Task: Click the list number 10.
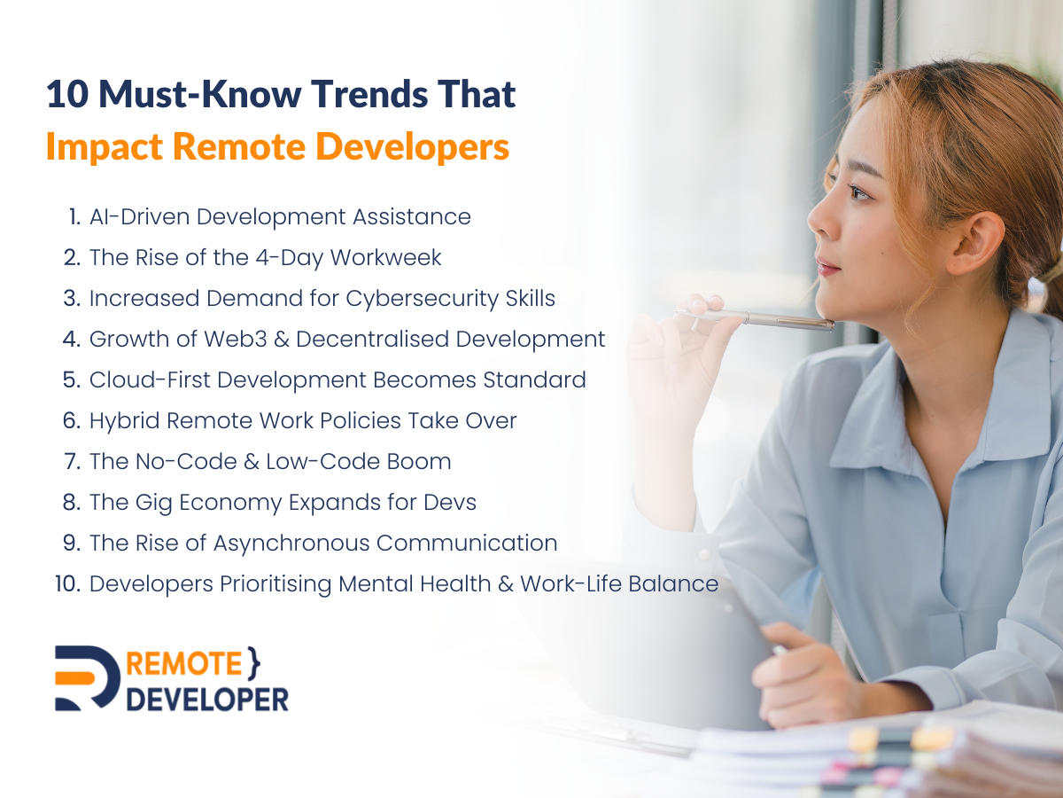click(68, 584)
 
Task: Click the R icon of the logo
click(87, 678)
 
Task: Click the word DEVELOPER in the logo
click(207, 697)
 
